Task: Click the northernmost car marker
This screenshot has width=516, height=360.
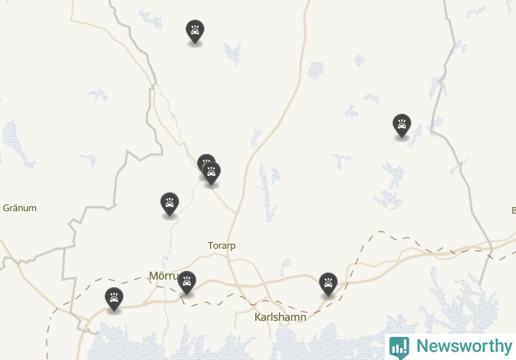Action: pyautogui.click(x=195, y=31)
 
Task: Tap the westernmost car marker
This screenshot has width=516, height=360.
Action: pyautogui.click(x=114, y=299)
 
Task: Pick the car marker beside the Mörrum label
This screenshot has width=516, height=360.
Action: pyautogui.click(x=186, y=282)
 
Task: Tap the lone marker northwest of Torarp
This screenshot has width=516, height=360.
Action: pyautogui.click(x=169, y=204)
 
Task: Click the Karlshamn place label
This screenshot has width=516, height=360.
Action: pyautogui.click(x=280, y=317)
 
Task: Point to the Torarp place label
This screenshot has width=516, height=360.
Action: pyautogui.click(x=222, y=245)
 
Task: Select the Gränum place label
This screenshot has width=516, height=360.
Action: pyautogui.click(x=20, y=208)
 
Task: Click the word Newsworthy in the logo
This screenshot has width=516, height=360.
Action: pyautogui.click(x=464, y=346)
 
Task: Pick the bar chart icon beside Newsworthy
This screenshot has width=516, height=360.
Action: pyautogui.click(x=399, y=346)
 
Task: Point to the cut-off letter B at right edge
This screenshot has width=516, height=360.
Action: pyautogui.click(x=513, y=210)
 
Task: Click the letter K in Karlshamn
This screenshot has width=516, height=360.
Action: pyautogui.click(x=257, y=317)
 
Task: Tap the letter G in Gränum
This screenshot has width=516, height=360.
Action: pyautogui.click(x=7, y=208)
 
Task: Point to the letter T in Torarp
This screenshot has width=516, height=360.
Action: pyautogui.click(x=210, y=245)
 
